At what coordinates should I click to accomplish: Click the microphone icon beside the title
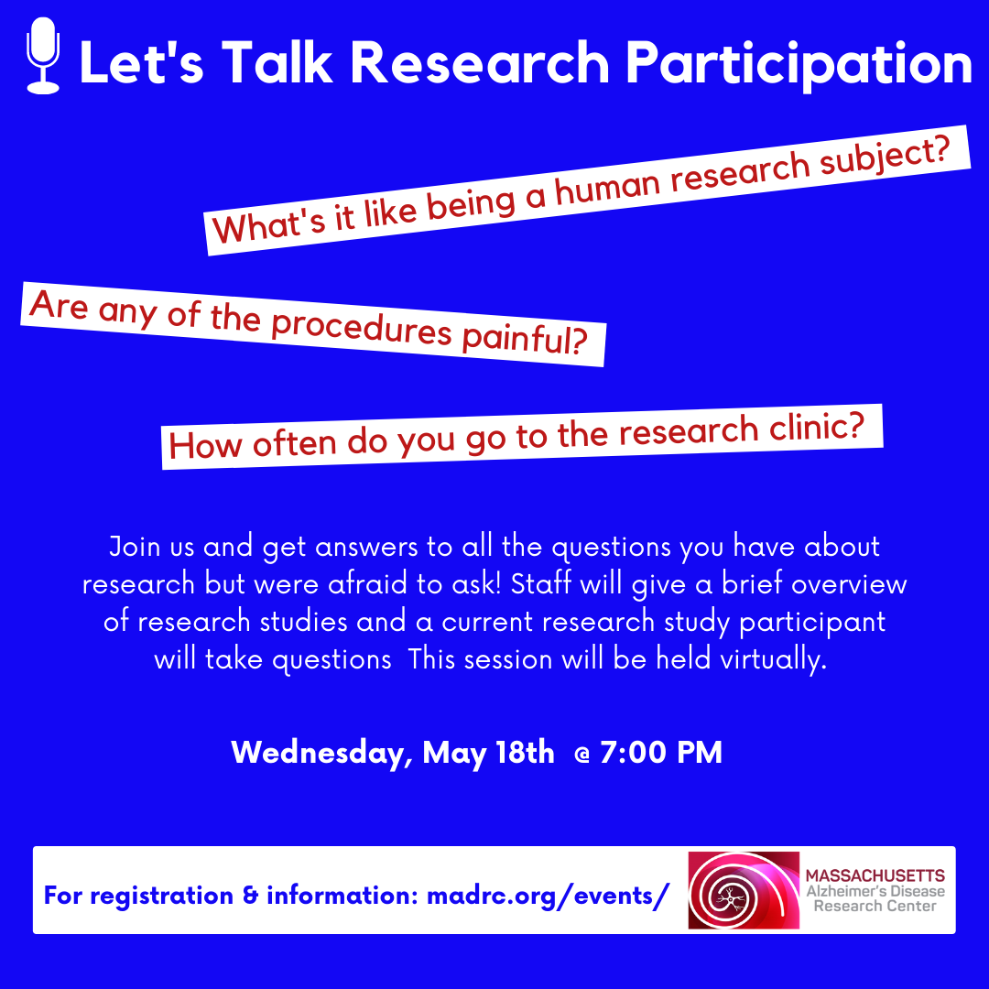pyautogui.click(x=43, y=56)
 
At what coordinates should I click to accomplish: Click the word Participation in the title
pyautogui.click(x=799, y=64)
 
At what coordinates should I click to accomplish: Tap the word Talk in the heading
pyautogui.click(x=277, y=62)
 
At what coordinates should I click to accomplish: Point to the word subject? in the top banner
pyautogui.click(x=885, y=158)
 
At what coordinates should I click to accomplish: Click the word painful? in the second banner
pyautogui.click(x=525, y=340)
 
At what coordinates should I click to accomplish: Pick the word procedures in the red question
pyautogui.click(x=362, y=329)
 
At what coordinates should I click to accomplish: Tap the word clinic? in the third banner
pyautogui.click(x=816, y=428)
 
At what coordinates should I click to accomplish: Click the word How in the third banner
pyautogui.click(x=206, y=445)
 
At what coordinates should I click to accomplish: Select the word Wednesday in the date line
pyautogui.click(x=321, y=753)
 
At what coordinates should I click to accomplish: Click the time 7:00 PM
pyautogui.click(x=661, y=753)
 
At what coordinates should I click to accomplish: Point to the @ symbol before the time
pyautogui.click(x=582, y=755)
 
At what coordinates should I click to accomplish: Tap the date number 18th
pyautogui.click(x=525, y=753)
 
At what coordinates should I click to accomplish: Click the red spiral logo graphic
pyautogui.click(x=744, y=890)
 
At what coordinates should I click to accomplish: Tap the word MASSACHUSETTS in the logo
pyautogui.click(x=875, y=875)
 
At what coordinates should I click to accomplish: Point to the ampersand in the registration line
pyautogui.click(x=250, y=896)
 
